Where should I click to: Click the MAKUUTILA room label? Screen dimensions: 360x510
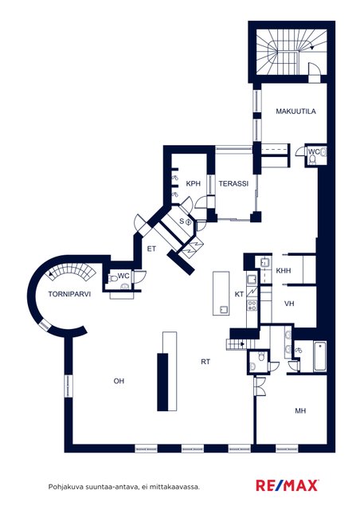pyautogui.click(x=295, y=112)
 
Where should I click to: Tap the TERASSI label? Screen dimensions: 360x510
pyautogui.click(x=233, y=183)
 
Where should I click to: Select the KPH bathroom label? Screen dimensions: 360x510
pyautogui.click(x=194, y=183)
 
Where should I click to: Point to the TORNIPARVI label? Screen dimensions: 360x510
pyautogui.click(x=69, y=294)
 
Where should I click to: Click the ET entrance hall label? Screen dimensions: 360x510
pyautogui.click(x=151, y=249)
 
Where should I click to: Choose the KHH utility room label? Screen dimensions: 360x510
pyautogui.click(x=284, y=271)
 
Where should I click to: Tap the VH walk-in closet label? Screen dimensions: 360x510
pyautogui.click(x=289, y=304)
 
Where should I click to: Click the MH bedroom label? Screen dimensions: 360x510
pyautogui.click(x=300, y=411)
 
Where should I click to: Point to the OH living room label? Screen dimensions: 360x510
pyautogui.click(x=119, y=381)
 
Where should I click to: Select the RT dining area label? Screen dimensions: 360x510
pyautogui.click(x=205, y=362)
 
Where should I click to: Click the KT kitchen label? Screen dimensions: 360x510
pyautogui.click(x=239, y=294)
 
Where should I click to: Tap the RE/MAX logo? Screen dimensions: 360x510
pyautogui.click(x=288, y=485)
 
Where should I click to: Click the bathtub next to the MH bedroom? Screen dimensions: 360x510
pyautogui.click(x=320, y=356)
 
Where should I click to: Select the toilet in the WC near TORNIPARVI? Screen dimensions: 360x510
pyautogui.click(x=113, y=279)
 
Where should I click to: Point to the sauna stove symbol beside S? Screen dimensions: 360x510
pyautogui.click(x=188, y=222)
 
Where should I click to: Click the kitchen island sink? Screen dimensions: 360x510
pyautogui.click(x=224, y=309)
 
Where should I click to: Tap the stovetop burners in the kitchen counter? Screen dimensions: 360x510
pyautogui.click(x=252, y=305)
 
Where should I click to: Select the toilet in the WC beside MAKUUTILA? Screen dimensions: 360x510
pyautogui.click(x=312, y=159)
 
